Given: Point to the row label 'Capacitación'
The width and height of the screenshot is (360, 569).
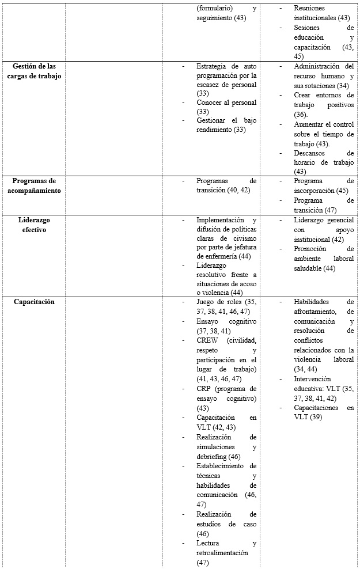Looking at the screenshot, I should coord(34,301).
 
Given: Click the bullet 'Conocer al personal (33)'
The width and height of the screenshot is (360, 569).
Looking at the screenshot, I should coord(226,107).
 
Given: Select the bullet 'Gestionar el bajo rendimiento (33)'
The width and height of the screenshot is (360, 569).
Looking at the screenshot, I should coord(226,125).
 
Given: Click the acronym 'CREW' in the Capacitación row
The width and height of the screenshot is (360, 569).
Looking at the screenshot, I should coord(208,340).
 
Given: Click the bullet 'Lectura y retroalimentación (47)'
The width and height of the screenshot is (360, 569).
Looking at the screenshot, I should coord(226,552).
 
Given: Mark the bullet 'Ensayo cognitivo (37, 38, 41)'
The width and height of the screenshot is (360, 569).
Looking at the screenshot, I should coord(226,325).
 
